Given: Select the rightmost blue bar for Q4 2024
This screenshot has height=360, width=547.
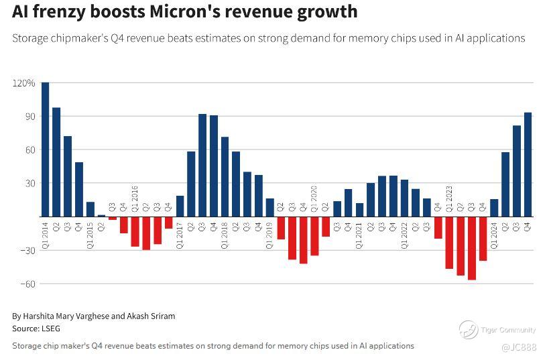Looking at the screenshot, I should tap(528, 164).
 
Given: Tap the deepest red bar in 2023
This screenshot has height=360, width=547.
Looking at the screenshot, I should tap(472, 248).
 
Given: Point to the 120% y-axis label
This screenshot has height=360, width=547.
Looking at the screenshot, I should tap(23, 83).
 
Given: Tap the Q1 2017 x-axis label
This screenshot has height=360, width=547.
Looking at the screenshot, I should tap(180, 234).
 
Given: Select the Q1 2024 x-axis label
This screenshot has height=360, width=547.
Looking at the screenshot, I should tap(494, 234).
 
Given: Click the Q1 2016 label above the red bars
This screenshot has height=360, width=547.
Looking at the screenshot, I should tap(135, 200).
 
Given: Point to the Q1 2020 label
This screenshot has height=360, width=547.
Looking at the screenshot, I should tap(314, 200).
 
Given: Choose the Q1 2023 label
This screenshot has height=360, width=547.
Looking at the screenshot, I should tap(449, 200).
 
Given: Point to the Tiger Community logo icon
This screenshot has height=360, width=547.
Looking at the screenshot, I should tap(469, 329).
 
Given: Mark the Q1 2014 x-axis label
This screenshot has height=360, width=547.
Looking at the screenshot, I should tap(45, 234).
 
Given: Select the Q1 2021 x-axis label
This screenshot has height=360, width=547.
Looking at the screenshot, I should tap(359, 234).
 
